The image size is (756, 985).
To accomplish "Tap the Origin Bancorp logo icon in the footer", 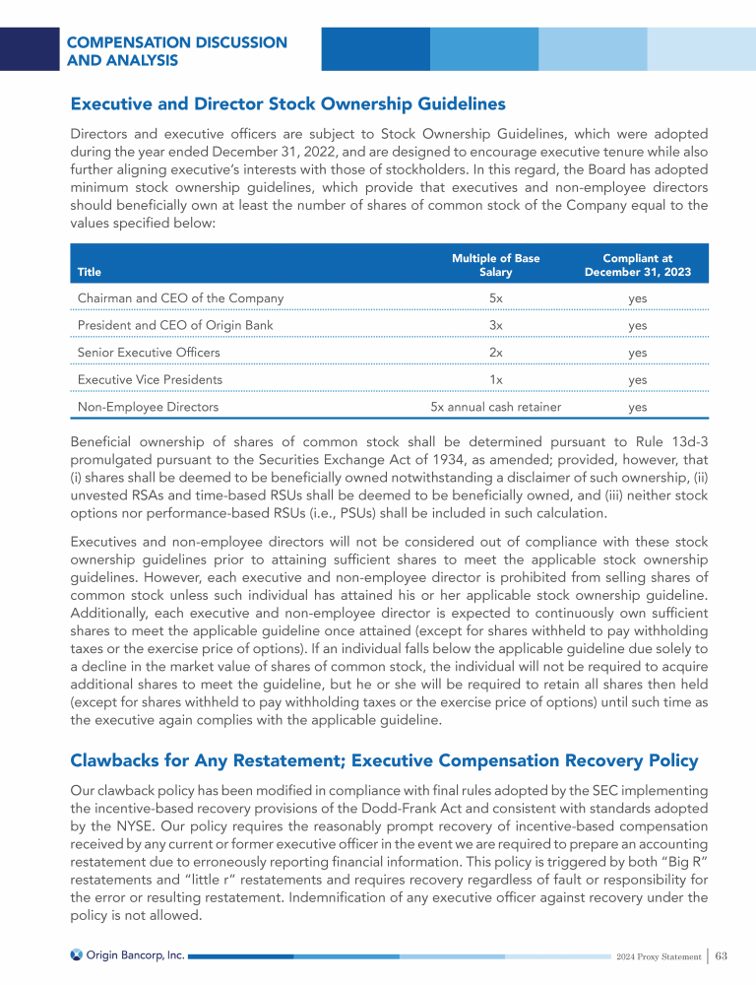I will pyautogui.click(x=76, y=955).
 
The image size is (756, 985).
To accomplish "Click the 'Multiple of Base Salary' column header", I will pyautogui.click(x=495, y=265).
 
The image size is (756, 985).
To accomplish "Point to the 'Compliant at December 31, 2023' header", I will pyautogui.click(x=637, y=265).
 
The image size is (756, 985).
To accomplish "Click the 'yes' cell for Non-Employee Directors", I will pyautogui.click(x=637, y=406).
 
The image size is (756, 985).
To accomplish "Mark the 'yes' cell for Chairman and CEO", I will pyautogui.click(x=637, y=297).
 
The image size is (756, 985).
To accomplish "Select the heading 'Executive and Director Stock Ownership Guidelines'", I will pyautogui.click(x=287, y=103).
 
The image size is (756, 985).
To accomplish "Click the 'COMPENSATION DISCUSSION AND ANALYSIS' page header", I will pyautogui.click(x=177, y=51).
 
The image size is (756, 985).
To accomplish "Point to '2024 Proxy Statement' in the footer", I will pyautogui.click(x=656, y=956).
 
